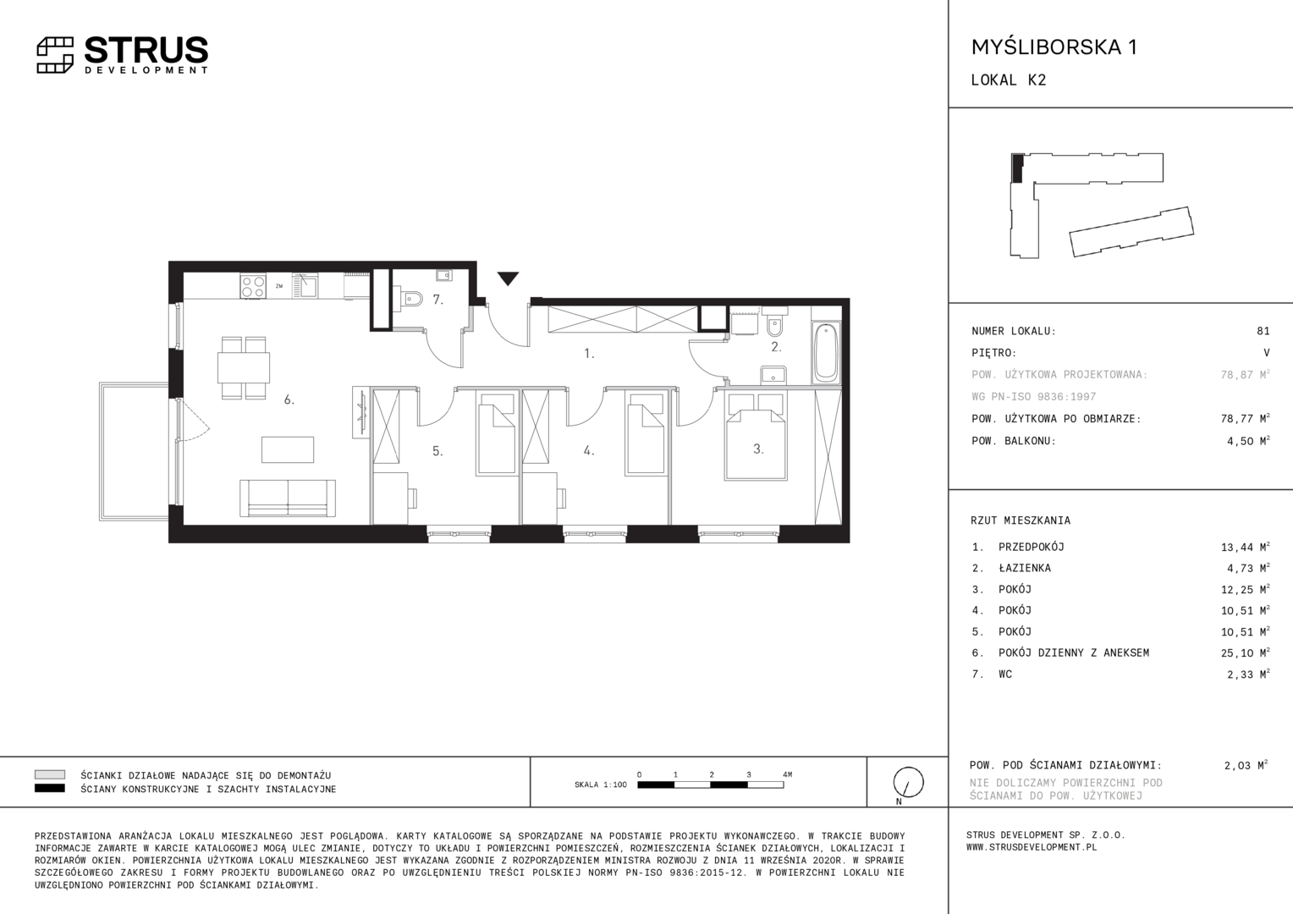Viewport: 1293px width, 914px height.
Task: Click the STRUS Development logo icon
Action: (55, 55)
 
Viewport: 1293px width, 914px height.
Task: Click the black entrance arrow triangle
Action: (508, 278)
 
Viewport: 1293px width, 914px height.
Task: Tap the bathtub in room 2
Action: (826, 353)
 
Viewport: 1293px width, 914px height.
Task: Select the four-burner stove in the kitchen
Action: (253, 286)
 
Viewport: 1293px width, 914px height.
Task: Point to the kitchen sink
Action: (305, 286)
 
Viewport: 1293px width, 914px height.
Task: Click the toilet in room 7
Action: (410, 299)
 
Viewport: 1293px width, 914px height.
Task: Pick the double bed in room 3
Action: (756, 437)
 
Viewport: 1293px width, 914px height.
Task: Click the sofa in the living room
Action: (288, 498)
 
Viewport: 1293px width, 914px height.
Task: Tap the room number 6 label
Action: (289, 399)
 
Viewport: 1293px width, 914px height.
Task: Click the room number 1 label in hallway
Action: (589, 354)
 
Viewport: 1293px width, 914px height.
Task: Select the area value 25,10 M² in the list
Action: (1245, 653)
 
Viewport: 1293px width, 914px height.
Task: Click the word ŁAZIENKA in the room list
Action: (1025, 568)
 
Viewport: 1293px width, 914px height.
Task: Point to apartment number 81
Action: (1263, 331)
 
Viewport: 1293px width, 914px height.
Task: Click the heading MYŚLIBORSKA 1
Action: (1054, 47)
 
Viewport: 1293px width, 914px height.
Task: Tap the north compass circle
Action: (908, 782)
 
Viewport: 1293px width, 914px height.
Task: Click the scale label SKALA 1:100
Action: (600, 785)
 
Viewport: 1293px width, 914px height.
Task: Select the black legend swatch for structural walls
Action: (50, 789)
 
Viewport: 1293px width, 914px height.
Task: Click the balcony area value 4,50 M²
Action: (1248, 441)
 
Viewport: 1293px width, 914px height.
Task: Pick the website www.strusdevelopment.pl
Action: (1031, 847)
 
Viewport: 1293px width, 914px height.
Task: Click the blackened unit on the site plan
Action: (1018, 168)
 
